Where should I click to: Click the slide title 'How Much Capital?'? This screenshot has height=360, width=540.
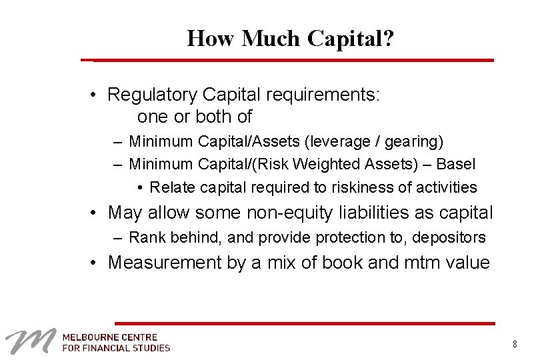(291, 39)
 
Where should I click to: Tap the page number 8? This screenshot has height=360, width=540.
(515, 344)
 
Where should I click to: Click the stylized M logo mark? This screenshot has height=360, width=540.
(30, 342)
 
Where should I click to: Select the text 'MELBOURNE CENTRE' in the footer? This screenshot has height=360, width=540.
(110, 337)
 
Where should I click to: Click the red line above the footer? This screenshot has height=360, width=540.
(304, 323)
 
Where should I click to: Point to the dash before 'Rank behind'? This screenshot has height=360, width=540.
(117, 237)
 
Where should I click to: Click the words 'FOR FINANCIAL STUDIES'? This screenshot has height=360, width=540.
(116, 347)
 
